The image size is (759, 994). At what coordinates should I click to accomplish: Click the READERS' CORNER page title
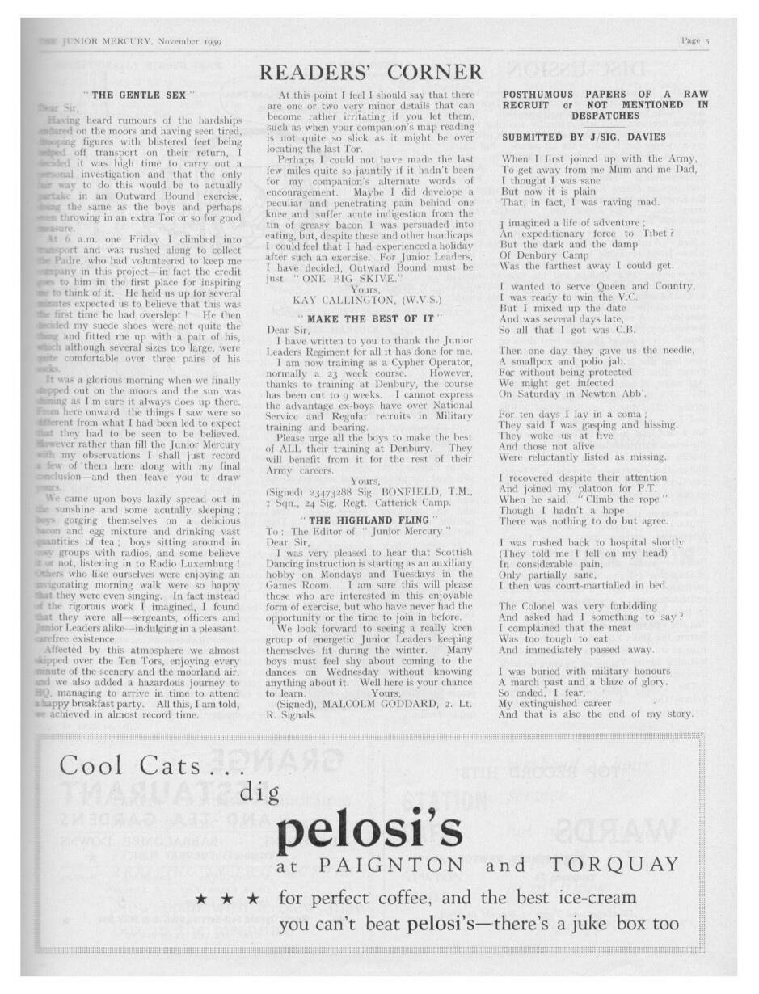coord(371,73)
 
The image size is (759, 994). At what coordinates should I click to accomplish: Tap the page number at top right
coord(694,40)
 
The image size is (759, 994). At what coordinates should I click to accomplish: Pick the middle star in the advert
coord(229,899)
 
